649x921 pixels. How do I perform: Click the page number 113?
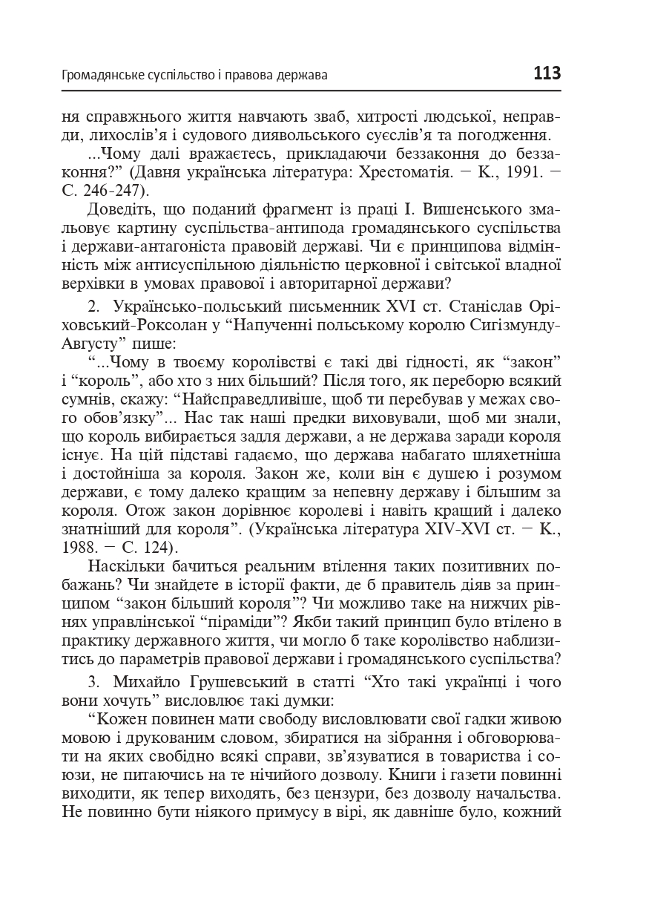pyautogui.click(x=547, y=74)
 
